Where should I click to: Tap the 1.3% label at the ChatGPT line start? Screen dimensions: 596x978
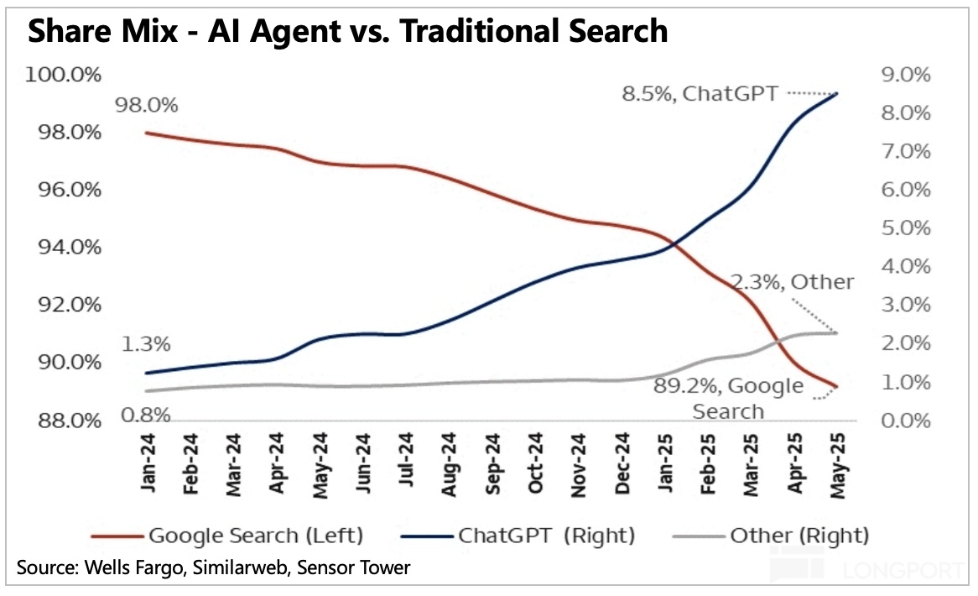[x=148, y=344]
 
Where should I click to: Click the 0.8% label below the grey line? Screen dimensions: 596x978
[x=148, y=415]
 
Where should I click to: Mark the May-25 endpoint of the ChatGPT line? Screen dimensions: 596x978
[x=836, y=93]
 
